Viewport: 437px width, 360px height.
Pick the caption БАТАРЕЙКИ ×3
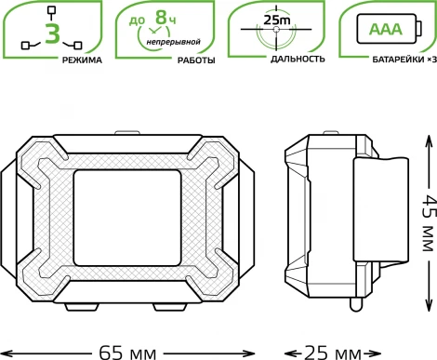401,59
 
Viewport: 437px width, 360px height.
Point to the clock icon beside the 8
146,35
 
